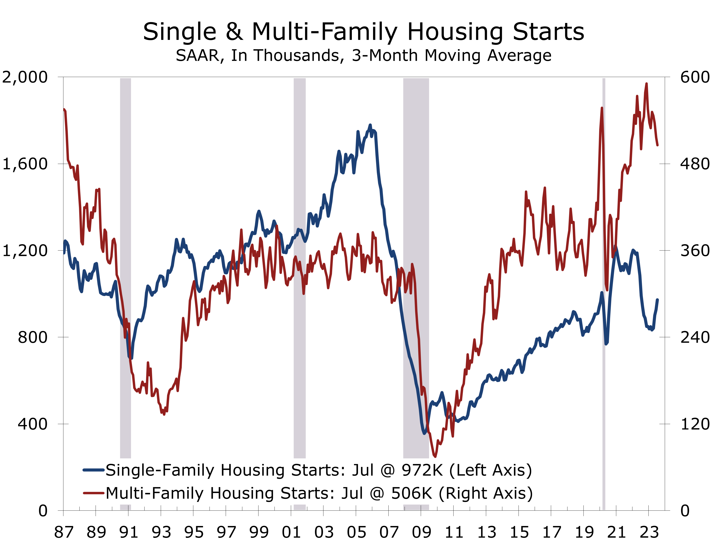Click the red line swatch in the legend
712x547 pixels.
point(94,493)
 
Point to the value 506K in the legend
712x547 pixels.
point(412,493)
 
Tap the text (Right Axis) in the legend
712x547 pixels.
point(485,493)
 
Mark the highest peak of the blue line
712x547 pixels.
point(370,125)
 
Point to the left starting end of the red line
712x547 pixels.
point(64,110)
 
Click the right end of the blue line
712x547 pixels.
point(657,300)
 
